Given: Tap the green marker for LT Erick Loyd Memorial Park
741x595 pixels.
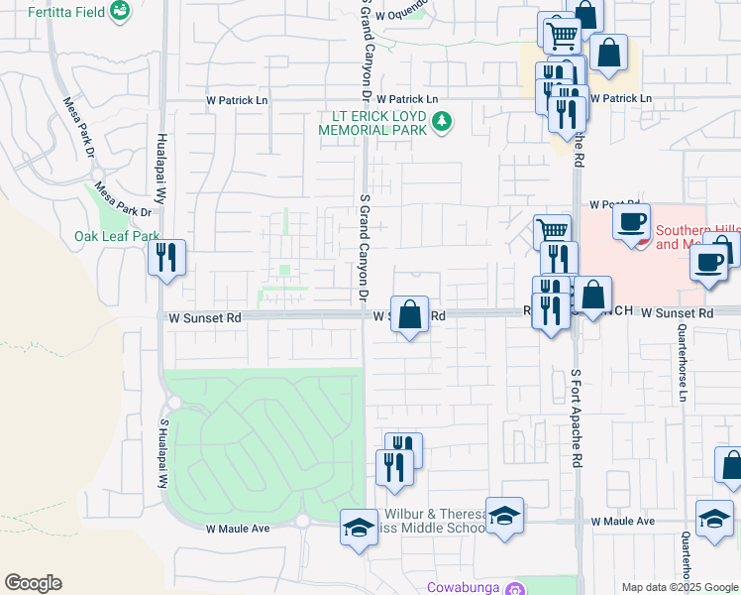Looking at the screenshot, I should click(443, 122).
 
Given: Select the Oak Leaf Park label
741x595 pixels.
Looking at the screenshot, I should click(117, 236).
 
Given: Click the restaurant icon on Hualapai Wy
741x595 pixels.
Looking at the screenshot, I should click(165, 258).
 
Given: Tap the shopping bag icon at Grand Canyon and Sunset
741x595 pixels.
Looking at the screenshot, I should click(409, 314).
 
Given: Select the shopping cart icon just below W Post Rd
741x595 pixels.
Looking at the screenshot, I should click(553, 232).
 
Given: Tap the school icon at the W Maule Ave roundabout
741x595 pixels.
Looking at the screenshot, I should click(359, 527).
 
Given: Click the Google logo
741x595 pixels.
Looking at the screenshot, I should click(33, 583).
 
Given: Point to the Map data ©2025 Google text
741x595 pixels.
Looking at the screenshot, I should click(680, 587).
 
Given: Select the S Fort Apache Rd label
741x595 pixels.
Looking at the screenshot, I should click(575, 418).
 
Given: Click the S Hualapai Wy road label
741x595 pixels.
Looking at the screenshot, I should click(163, 452).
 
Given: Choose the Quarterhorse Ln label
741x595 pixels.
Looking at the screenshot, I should click(683, 373).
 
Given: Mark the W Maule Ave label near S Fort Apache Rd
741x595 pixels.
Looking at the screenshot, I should click(623, 521).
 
